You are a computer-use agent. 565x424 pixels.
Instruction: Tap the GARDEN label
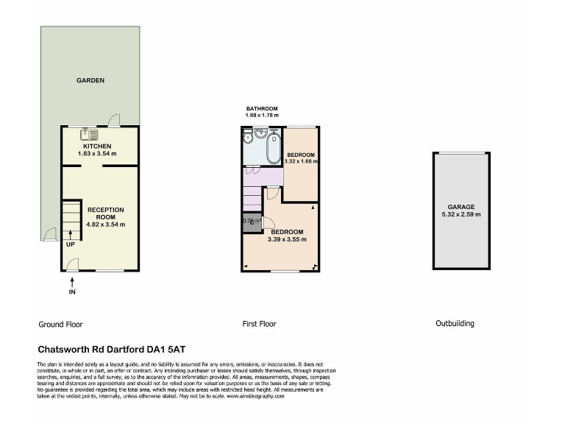pyautogui.click(x=91, y=80)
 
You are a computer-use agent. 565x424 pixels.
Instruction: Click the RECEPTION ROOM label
pyautogui.click(x=105, y=213)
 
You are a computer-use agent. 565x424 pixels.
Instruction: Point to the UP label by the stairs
pyautogui.click(x=70, y=244)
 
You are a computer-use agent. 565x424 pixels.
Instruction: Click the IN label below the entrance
pyautogui.click(x=72, y=292)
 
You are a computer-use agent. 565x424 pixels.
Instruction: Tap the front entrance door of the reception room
pyautogui.click(x=72, y=264)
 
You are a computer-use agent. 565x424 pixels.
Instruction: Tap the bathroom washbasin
pyautogui.click(x=260, y=135)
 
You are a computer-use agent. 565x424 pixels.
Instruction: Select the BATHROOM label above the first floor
pyautogui.click(x=262, y=109)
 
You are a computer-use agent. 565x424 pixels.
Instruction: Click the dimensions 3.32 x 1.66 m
pyautogui.click(x=300, y=161)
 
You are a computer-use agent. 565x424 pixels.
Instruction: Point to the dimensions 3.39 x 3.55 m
pyautogui.click(x=287, y=239)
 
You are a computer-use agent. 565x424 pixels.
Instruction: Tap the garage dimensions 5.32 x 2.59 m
pyautogui.click(x=461, y=214)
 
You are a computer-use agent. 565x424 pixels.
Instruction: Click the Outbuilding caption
pyautogui.click(x=455, y=323)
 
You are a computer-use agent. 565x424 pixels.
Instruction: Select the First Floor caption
pyautogui.click(x=259, y=323)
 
